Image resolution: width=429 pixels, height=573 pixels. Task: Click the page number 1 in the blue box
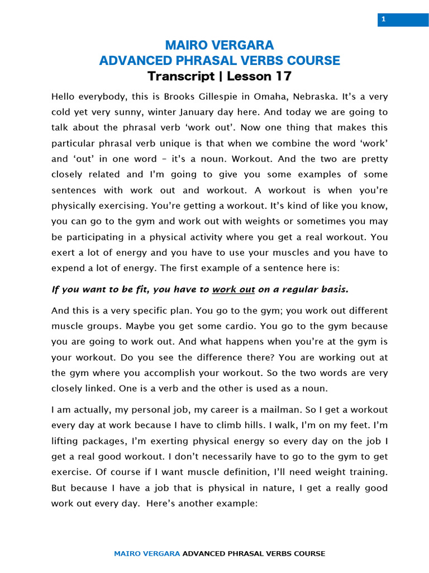(x=384, y=20)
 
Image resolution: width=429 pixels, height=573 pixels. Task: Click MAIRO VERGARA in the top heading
(x=219, y=45)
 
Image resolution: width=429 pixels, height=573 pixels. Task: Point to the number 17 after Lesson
(x=283, y=76)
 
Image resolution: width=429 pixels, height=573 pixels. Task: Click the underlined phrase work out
(x=233, y=289)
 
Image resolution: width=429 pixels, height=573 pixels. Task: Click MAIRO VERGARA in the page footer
(x=147, y=553)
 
